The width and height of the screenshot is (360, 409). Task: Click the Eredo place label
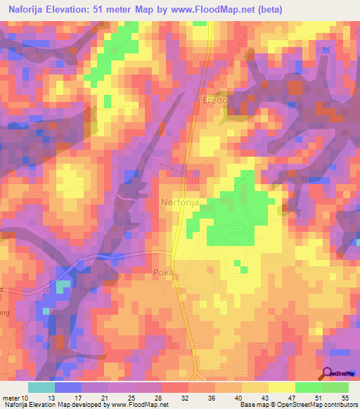coord(214,100)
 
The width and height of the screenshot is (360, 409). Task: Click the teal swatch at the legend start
coord(41,387)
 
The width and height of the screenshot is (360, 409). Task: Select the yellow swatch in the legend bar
coord(281,387)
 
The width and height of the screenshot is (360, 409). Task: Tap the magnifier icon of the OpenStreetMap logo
coord(326,375)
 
